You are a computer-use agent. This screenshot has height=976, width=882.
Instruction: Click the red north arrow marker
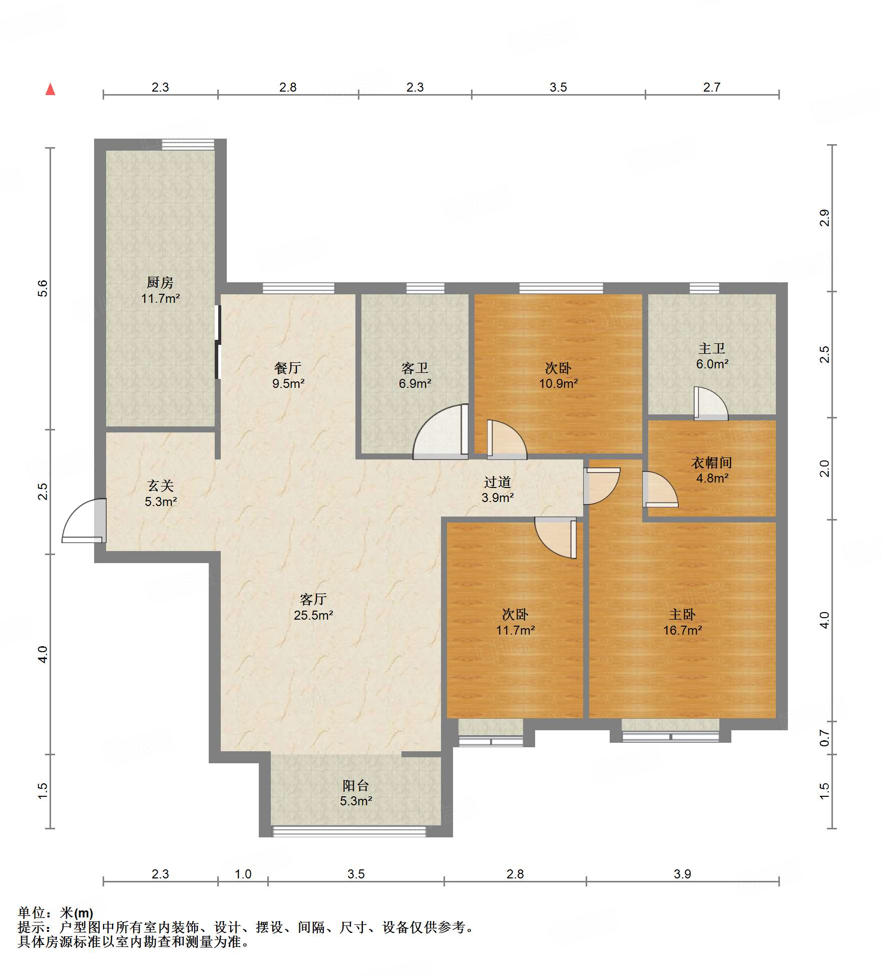click(x=50, y=89)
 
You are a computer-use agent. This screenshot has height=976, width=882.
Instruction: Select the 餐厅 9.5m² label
click(x=288, y=375)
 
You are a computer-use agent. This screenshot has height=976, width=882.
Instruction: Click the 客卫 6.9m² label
click(x=415, y=375)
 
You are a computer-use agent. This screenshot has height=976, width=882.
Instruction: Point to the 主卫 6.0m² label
click(x=712, y=356)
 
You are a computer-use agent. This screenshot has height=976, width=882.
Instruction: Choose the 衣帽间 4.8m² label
click(x=712, y=470)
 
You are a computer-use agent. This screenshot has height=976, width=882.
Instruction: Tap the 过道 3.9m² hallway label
click(x=498, y=490)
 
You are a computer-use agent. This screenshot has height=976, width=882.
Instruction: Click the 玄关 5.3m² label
click(x=161, y=493)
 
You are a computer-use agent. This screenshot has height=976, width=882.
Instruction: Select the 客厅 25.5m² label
click(x=313, y=607)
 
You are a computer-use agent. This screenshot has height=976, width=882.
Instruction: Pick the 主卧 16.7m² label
click(x=682, y=622)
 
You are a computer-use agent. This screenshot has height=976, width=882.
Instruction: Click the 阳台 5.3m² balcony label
click(x=356, y=793)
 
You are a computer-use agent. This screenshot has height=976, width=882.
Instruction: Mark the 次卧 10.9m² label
click(x=558, y=375)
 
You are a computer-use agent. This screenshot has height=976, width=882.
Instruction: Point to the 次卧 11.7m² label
click(x=515, y=622)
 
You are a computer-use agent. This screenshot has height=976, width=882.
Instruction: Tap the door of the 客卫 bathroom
click(x=440, y=431)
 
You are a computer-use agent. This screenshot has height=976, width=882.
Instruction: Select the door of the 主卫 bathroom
click(x=711, y=403)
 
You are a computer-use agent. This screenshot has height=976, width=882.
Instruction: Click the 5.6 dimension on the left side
click(x=43, y=288)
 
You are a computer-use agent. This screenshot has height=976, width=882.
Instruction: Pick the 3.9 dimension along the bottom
click(x=682, y=874)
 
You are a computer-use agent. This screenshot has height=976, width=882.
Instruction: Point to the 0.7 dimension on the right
click(x=824, y=737)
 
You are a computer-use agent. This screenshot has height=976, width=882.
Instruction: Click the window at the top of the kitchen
click(x=188, y=144)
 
